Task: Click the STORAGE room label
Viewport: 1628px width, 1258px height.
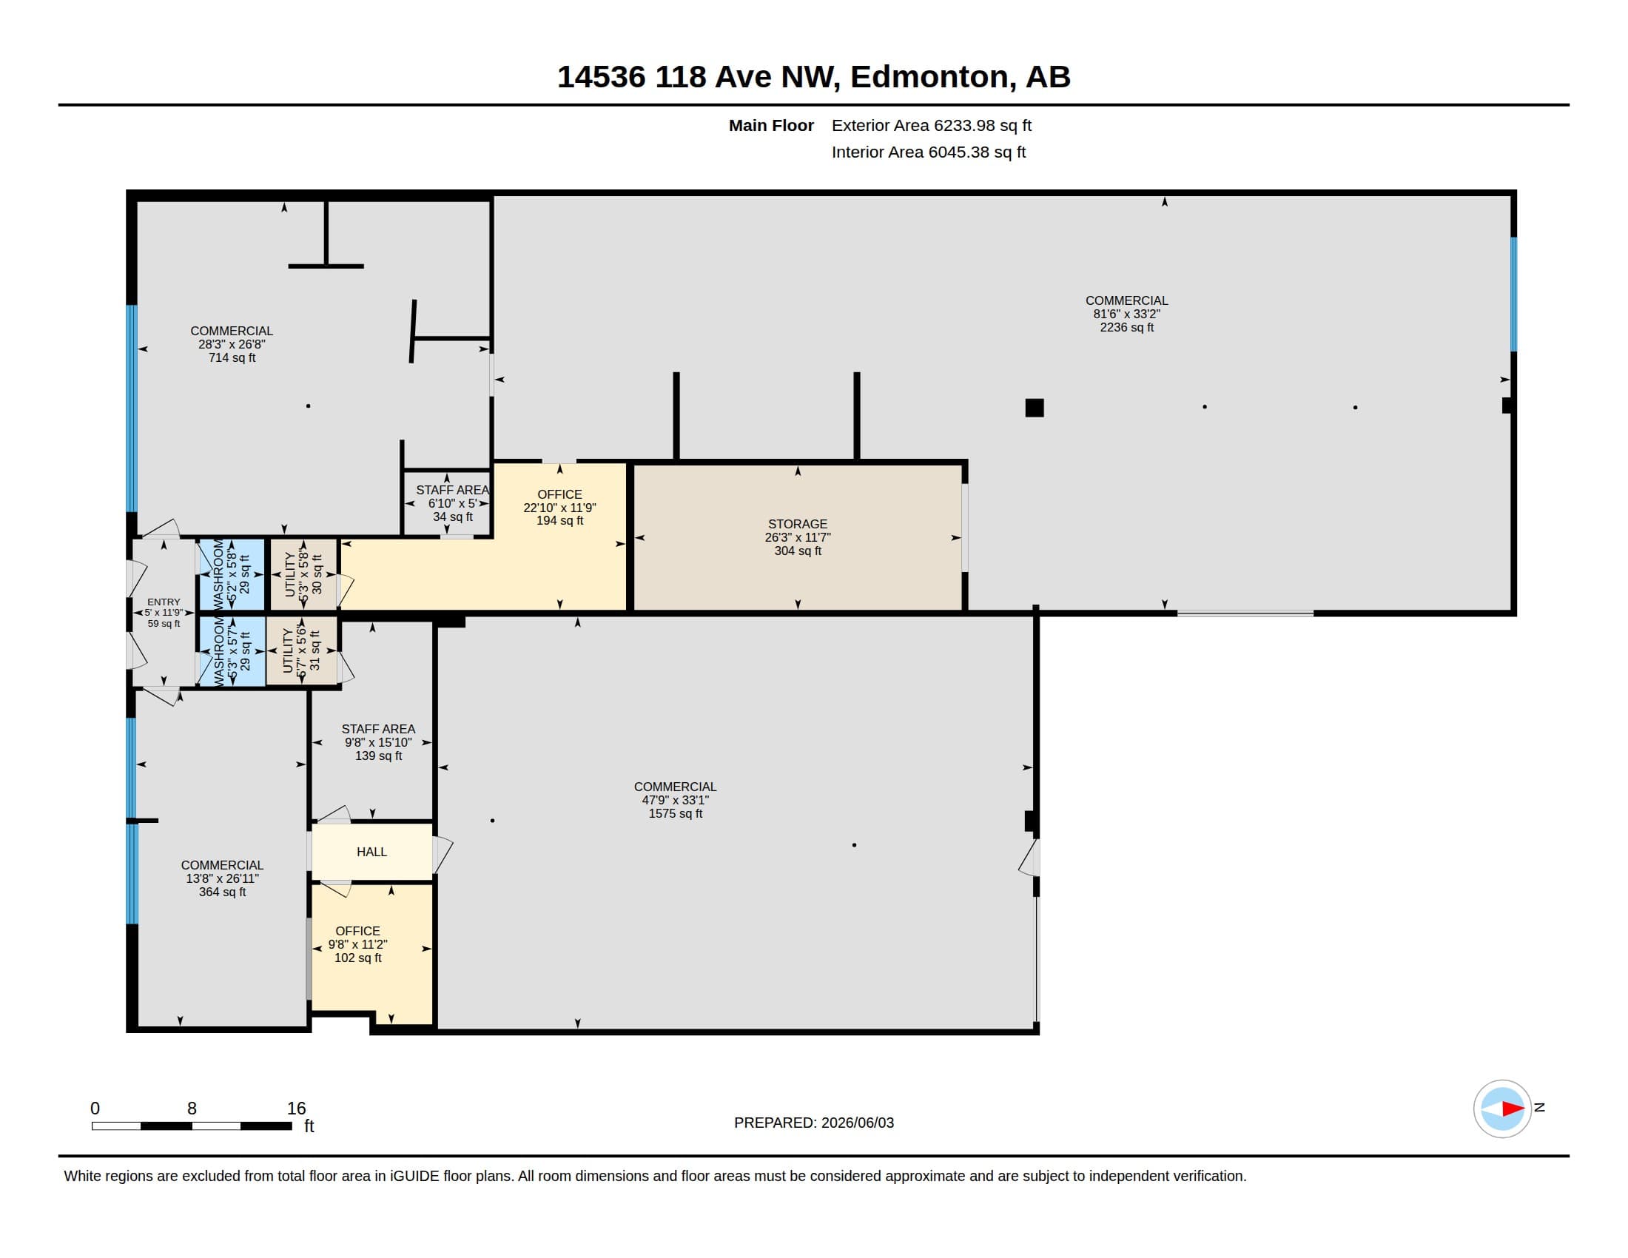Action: point(798,524)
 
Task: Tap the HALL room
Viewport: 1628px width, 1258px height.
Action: point(372,852)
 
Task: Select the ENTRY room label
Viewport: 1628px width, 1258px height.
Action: point(164,602)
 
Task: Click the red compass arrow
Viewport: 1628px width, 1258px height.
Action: point(1513,1109)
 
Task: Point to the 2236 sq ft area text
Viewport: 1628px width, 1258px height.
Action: point(1126,327)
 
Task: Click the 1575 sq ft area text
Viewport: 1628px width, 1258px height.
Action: point(676,813)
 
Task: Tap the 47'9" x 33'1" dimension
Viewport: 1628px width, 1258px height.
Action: point(676,800)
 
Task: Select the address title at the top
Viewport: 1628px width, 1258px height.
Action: point(814,77)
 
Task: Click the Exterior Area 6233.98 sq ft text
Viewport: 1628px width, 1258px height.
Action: point(932,125)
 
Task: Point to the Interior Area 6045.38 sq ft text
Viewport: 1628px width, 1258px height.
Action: point(929,152)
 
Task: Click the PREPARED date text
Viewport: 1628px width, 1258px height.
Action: point(814,1123)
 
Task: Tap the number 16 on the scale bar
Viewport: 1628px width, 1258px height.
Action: point(297,1109)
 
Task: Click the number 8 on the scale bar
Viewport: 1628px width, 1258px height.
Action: point(192,1109)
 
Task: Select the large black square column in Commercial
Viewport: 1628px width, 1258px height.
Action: point(1035,408)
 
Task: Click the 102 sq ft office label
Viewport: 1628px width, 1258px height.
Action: point(358,958)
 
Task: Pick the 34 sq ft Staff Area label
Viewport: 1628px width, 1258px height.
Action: point(452,517)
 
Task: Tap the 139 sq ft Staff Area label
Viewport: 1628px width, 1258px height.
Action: point(379,756)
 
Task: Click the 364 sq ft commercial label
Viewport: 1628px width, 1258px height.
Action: point(222,892)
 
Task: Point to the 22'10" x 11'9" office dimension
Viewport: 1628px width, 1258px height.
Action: point(560,508)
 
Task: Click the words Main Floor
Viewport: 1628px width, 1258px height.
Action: point(772,125)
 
